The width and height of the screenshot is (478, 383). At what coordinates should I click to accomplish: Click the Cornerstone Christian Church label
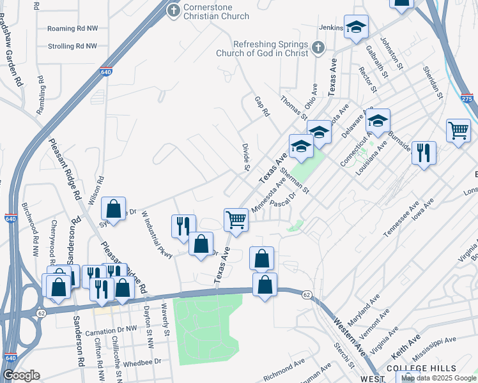pyautogui.click(x=217, y=11)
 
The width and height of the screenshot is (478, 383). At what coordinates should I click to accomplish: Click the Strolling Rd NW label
pyautogui.click(x=72, y=47)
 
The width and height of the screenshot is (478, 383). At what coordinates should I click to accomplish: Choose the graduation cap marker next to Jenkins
pyautogui.click(x=356, y=27)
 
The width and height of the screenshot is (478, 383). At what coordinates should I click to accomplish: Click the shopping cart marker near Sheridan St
pyautogui.click(x=459, y=131)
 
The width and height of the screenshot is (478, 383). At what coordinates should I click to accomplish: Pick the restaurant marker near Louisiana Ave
pyautogui.click(x=424, y=153)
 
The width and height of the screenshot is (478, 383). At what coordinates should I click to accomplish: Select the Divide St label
pyautogui.click(x=245, y=157)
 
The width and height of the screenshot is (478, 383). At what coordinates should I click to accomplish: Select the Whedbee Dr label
pyautogui.click(x=142, y=361)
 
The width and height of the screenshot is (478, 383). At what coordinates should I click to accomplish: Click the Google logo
pyautogui.click(x=21, y=375)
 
